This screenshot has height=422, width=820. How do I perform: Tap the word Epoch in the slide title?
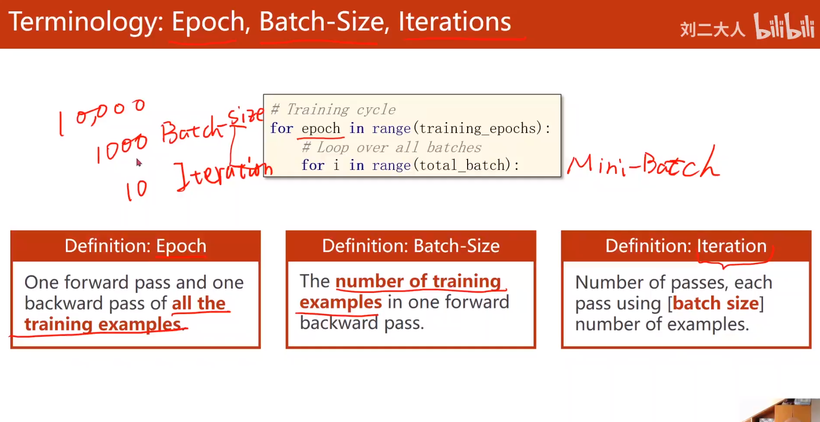[208, 22]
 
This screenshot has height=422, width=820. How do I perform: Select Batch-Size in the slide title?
[322, 22]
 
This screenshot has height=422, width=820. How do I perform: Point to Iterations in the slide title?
[454, 22]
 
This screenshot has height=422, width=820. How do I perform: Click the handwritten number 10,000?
[102, 117]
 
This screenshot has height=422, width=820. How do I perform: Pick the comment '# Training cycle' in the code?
[333, 109]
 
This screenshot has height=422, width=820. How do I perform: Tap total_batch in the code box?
[462, 165]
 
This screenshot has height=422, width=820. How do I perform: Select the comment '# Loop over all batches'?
[391, 147]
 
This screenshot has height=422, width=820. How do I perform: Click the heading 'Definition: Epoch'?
[135, 245]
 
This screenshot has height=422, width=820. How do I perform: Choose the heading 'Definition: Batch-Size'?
[410, 245]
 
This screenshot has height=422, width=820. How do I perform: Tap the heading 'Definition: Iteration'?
[686, 245]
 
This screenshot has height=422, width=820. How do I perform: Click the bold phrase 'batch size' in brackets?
[716, 303]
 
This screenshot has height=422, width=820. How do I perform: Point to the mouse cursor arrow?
[138, 162]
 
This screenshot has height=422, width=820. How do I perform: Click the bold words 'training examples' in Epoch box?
[103, 324]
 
